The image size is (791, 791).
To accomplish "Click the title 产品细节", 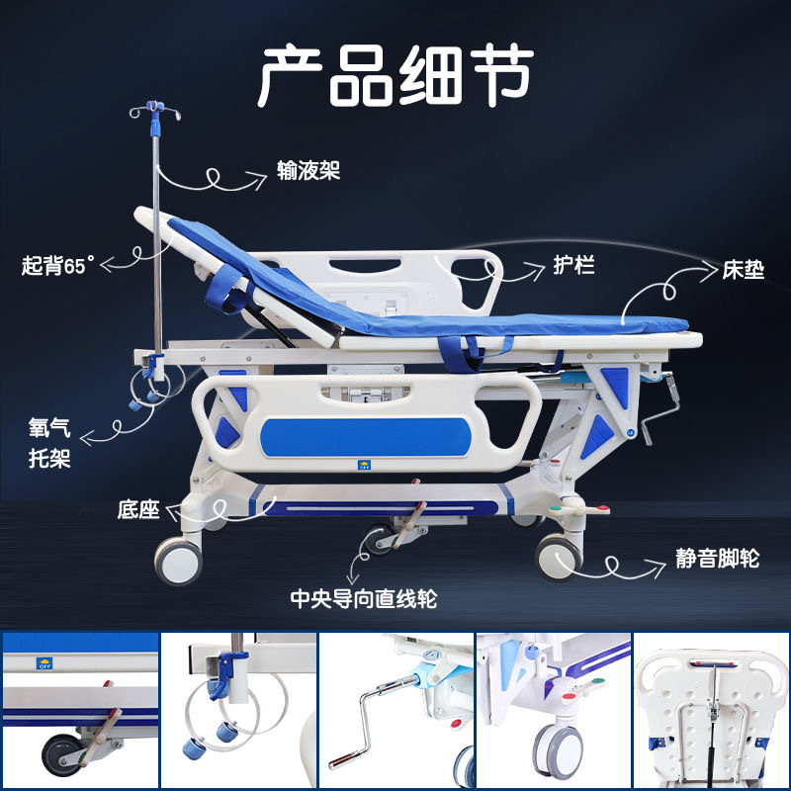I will (x=395, y=74).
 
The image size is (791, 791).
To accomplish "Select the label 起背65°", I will (x=59, y=265).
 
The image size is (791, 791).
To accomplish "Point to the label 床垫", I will (x=743, y=269).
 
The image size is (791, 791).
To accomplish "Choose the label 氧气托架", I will (x=49, y=444).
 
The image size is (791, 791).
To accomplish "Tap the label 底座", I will (x=138, y=510).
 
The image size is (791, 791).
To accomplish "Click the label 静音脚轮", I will (x=711, y=560).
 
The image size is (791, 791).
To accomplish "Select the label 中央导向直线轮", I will (x=364, y=598).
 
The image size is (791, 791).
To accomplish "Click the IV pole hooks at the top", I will (x=152, y=112).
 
